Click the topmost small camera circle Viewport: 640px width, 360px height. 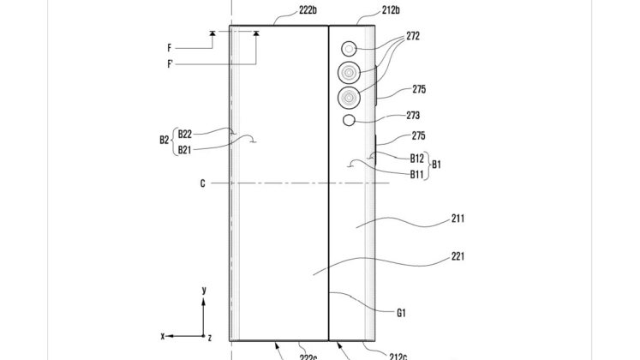[x=350, y=48]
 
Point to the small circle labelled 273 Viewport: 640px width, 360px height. [x=348, y=121]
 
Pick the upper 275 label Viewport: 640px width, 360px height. [x=418, y=89]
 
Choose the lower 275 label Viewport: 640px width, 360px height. [x=418, y=135]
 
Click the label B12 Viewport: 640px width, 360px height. [x=417, y=157]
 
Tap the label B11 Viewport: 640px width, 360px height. [x=417, y=174]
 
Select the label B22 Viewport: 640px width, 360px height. [x=184, y=133]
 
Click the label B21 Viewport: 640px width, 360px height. [x=184, y=149]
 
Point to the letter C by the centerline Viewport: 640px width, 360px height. [x=201, y=183]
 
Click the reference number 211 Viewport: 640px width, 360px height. [x=458, y=219]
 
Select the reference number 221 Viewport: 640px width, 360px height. [x=458, y=255]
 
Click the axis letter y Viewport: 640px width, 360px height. [x=204, y=291]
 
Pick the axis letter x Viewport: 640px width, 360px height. [x=163, y=335]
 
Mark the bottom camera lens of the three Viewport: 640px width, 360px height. [x=349, y=97]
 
